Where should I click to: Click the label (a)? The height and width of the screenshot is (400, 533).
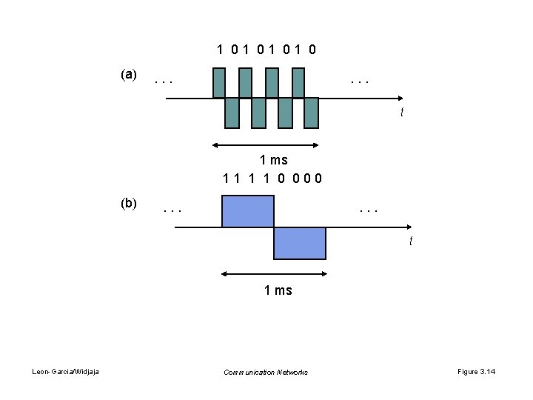(x=128, y=75)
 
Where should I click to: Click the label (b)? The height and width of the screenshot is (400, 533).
(x=128, y=202)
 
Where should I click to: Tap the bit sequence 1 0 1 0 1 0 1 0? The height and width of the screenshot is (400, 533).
(x=266, y=50)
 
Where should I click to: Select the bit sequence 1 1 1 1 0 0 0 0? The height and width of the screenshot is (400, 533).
(x=272, y=178)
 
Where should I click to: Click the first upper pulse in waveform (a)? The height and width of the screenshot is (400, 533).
(x=218, y=83)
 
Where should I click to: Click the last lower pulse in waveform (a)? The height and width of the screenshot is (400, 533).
(x=311, y=113)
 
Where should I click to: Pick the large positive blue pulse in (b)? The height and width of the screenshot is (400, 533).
(x=248, y=211)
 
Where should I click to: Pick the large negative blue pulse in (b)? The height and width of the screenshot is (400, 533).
(x=300, y=243)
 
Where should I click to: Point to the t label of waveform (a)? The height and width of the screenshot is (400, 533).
(x=402, y=113)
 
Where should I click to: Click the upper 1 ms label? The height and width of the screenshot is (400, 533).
(x=273, y=159)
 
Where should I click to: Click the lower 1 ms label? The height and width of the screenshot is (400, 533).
(x=278, y=290)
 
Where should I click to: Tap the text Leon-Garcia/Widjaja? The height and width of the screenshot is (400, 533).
(x=67, y=372)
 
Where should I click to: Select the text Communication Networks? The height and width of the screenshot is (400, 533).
(x=266, y=372)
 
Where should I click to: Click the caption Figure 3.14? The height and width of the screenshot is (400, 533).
(x=477, y=372)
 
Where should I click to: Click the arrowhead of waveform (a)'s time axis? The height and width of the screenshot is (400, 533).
(x=400, y=98)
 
